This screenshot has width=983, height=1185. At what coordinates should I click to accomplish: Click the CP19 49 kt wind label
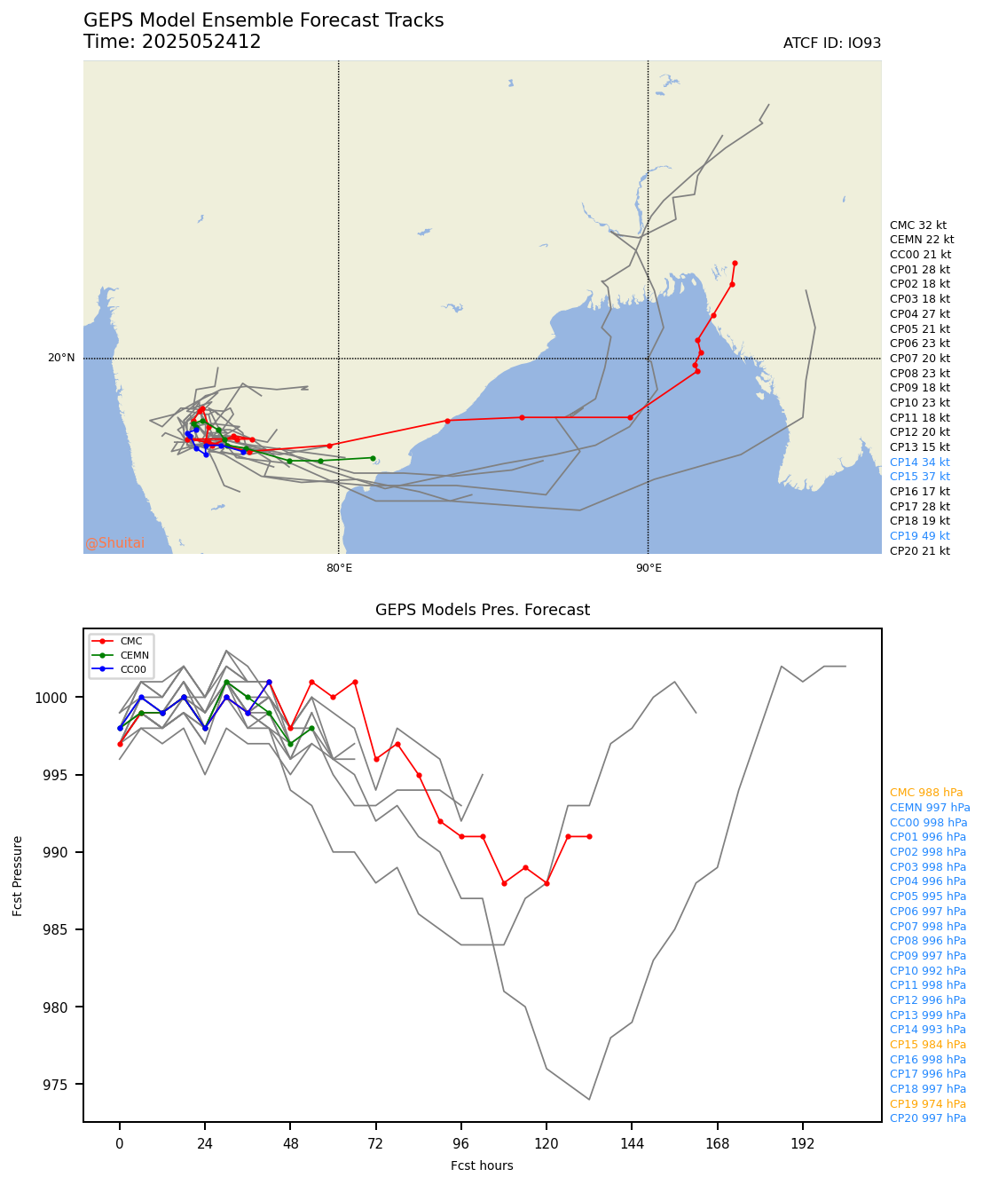point(919,536)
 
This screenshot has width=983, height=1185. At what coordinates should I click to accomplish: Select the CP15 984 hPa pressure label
point(927,1045)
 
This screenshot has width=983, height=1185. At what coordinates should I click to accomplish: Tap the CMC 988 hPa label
point(925,793)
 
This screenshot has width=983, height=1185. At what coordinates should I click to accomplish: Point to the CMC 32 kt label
point(917,225)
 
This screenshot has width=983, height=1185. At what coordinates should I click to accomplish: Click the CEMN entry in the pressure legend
point(134,655)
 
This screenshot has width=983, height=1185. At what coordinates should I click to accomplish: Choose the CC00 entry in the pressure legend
point(134,668)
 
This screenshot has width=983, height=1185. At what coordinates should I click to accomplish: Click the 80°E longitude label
point(339,568)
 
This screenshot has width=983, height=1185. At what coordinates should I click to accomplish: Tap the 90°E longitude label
point(649,568)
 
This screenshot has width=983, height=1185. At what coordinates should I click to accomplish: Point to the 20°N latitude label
point(61,359)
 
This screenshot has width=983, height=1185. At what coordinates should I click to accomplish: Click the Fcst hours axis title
point(482,1165)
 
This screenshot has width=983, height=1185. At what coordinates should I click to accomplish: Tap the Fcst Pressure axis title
point(18,874)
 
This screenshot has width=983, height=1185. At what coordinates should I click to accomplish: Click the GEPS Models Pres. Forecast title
point(482,610)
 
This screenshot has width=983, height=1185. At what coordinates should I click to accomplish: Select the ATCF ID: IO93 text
point(831,43)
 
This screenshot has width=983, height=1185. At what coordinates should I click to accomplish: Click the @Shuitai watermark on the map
point(114,543)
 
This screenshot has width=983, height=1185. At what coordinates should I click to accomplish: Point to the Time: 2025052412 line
point(172,43)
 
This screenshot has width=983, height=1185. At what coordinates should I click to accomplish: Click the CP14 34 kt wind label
point(919,462)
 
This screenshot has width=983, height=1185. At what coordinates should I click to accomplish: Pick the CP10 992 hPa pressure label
point(927,970)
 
